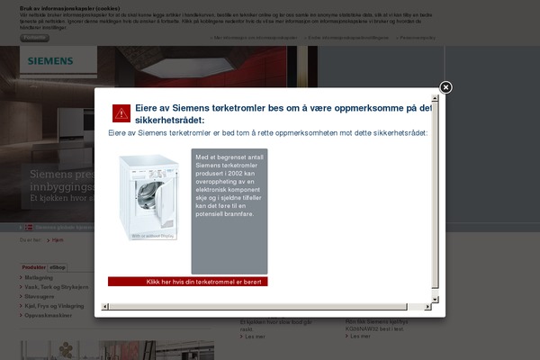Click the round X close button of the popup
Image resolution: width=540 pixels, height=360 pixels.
tap(445, 87)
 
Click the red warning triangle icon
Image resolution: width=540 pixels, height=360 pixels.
tap(121, 112)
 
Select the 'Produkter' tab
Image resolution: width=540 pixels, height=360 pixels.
tap(34, 267)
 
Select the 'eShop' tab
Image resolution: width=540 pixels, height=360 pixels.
tap(58, 267)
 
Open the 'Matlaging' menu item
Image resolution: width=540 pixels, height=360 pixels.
tap(40, 278)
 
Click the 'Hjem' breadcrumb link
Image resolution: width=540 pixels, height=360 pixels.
tap(58, 240)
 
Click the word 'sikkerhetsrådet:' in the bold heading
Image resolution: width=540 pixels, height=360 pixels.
tap(171, 120)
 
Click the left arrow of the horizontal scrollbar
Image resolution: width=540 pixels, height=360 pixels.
tap(104, 306)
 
